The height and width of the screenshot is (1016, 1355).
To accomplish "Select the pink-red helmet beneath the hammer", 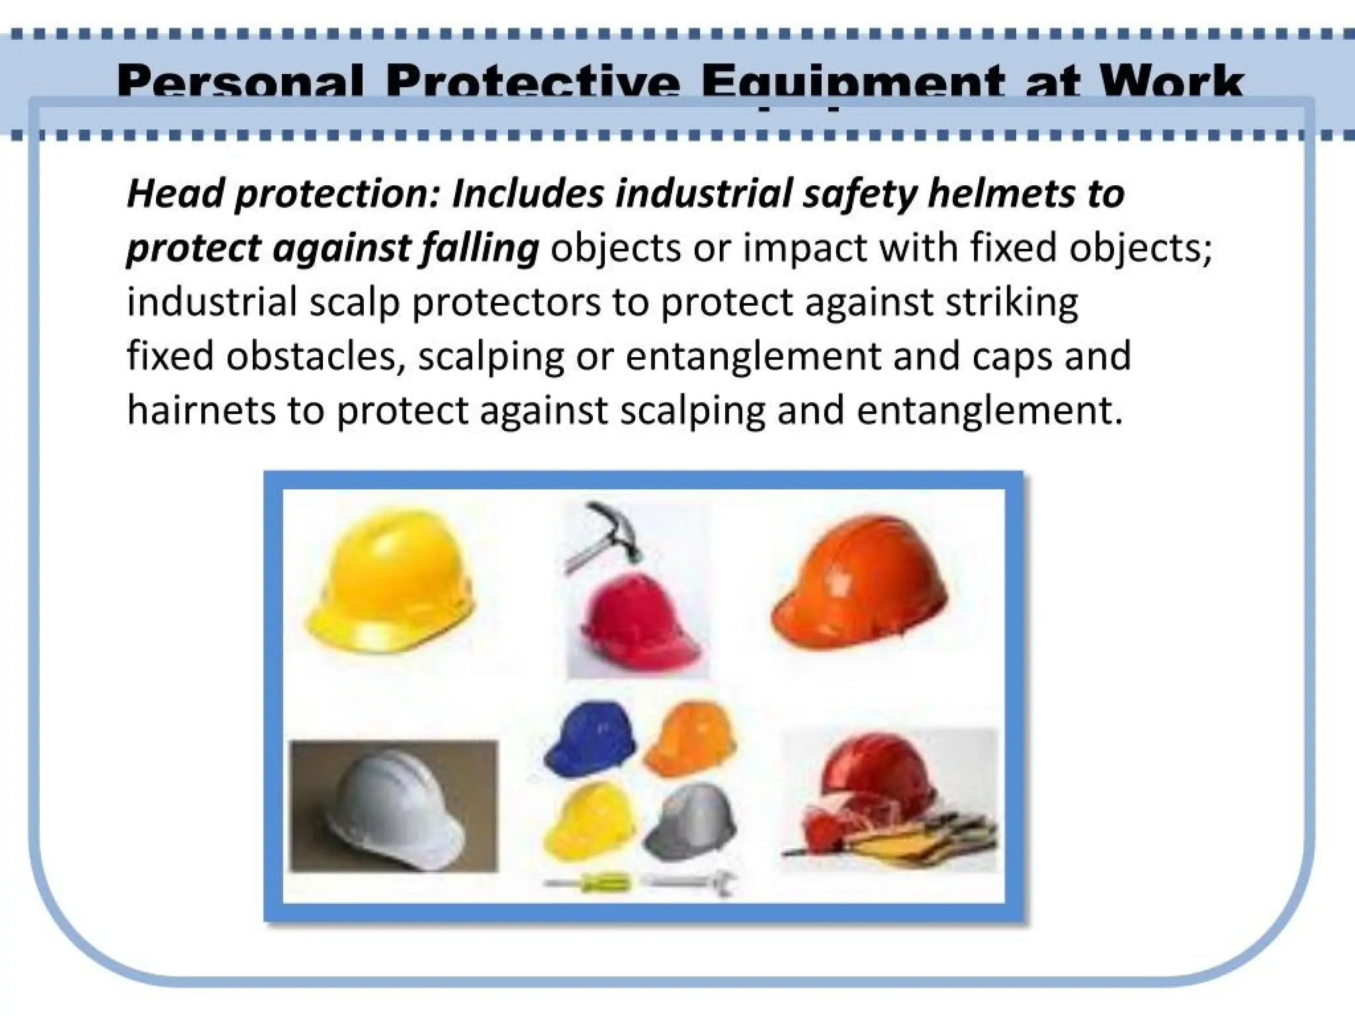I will click(x=632, y=618).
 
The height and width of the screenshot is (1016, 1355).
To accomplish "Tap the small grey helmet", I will click(x=691, y=824).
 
